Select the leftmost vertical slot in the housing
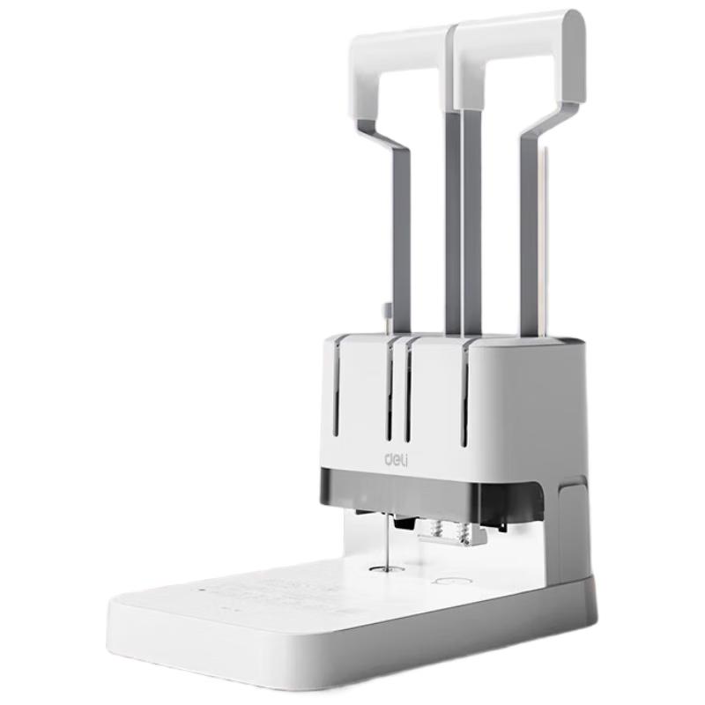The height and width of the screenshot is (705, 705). pyautogui.click(x=336, y=388)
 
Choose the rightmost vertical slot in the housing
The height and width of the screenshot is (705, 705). pyautogui.click(x=465, y=392)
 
